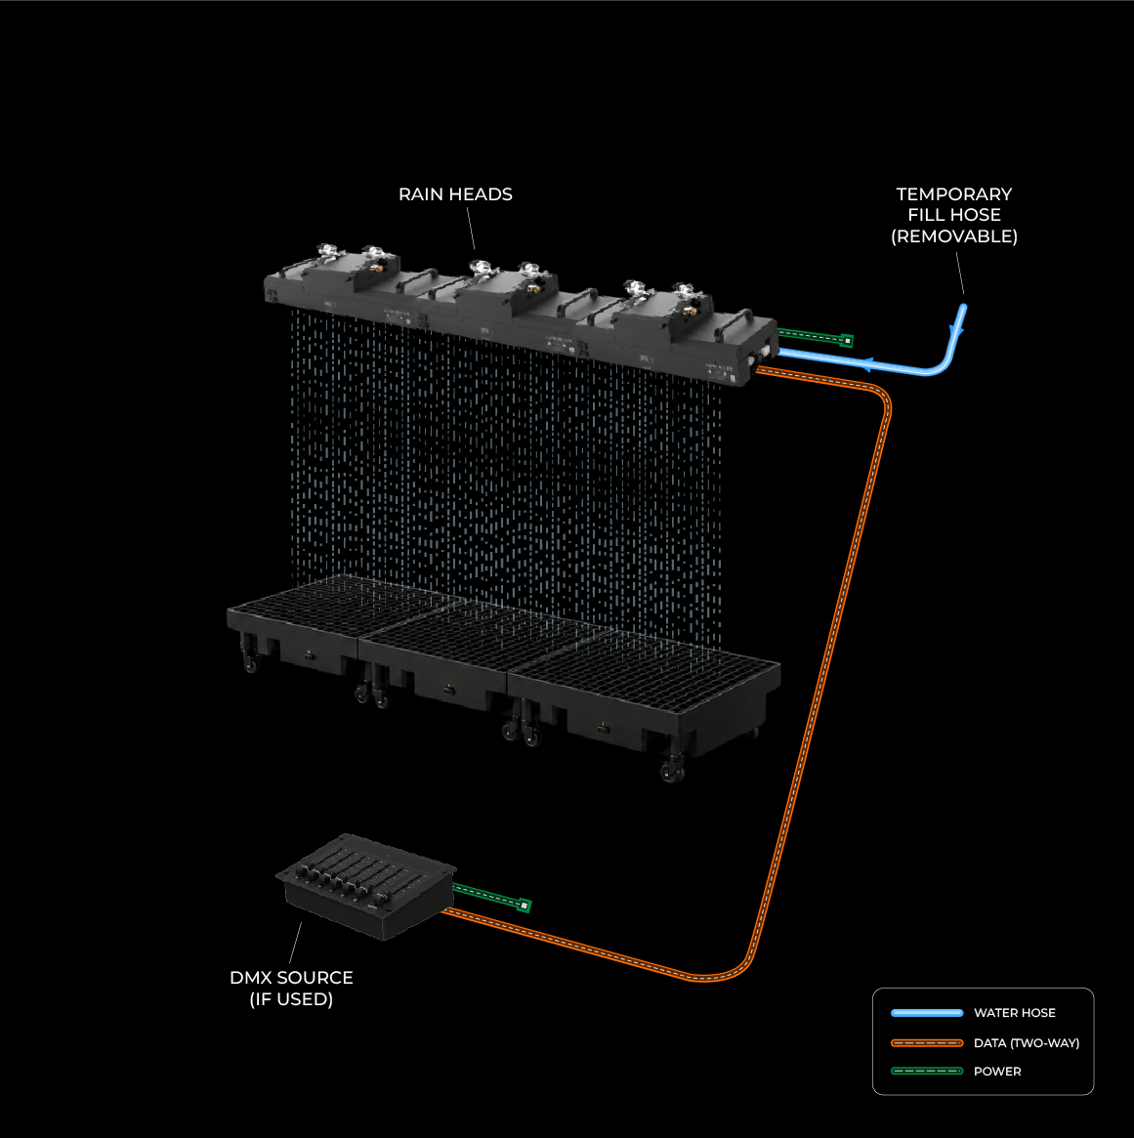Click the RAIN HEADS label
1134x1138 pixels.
pyautogui.click(x=455, y=194)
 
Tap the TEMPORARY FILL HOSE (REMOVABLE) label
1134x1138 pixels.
pyautogui.click(x=954, y=215)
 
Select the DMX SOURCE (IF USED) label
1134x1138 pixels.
pyautogui.click(x=291, y=988)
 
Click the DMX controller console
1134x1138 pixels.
pyautogui.click(x=365, y=885)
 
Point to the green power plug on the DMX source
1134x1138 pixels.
pyautogui.click(x=524, y=906)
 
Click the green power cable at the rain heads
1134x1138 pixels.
pyautogui.click(x=815, y=336)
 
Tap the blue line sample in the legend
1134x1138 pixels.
pyautogui.click(x=927, y=1012)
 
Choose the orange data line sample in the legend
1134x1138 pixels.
pyautogui.click(x=927, y=1043)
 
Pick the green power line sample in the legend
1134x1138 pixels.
pyautogui.click(x=927, y=1072)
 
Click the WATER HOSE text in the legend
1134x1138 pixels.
pyautogui.click(x=1014, y=1012)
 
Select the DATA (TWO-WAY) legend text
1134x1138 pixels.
pyautogui.click(x=1027, y=1043)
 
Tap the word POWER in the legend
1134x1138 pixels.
pyautogui.click(x=997, y=1072)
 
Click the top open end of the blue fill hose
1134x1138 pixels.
pyautogui.click(x=963, y=308)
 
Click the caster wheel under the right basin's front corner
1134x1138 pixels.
pyautogui.click(x=671, y=771)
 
